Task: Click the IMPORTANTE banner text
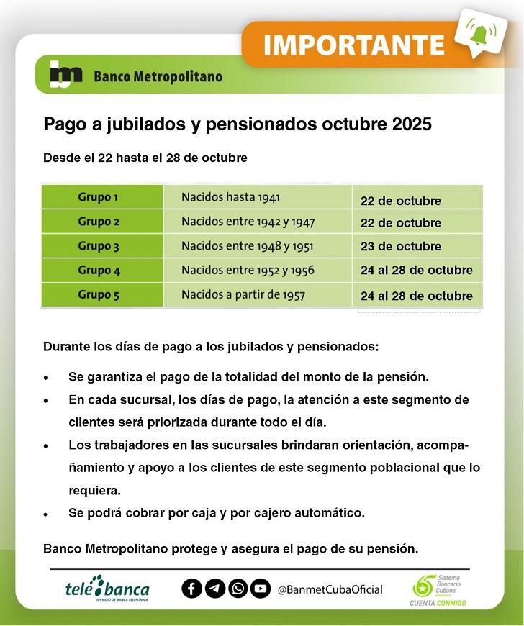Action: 353,45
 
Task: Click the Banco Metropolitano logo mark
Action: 66,75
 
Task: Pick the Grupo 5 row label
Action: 99,294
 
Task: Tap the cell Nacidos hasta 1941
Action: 230,197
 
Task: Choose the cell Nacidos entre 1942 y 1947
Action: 248,222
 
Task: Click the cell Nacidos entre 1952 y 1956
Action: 248,271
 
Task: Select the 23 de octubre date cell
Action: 401,246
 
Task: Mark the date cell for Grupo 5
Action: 417,296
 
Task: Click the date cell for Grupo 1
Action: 401,201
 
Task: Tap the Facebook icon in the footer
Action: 191,589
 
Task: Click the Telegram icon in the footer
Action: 214,589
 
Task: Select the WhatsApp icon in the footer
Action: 238,589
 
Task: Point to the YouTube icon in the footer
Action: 261,589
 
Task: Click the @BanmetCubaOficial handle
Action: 330,589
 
